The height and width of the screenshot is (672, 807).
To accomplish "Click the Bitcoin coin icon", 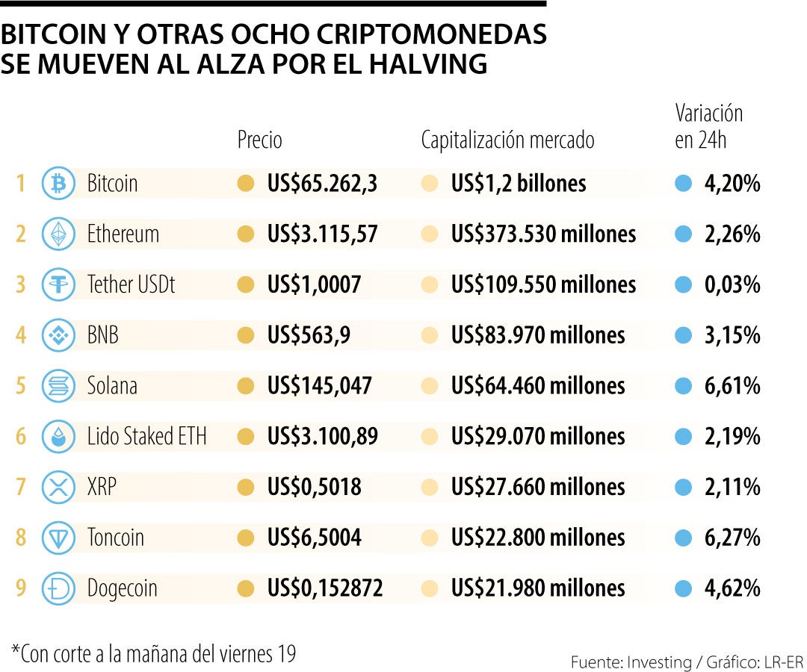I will (x=58, y=184).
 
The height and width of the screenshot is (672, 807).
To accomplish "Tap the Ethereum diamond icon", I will (x=58, y=234).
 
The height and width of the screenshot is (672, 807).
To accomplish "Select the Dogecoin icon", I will (x=58, y=589).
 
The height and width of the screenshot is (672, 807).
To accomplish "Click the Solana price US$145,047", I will (x=319, y=386).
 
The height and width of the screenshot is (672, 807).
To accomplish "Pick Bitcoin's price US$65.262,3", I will (x=321, y=184).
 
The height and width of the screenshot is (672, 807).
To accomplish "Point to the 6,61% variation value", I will (x=732, y=386).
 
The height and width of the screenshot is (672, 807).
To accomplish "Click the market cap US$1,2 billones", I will (x=519, y=184).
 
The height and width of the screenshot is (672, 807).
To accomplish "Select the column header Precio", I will (x=259, y=140).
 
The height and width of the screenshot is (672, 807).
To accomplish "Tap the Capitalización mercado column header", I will (x=507, y=140).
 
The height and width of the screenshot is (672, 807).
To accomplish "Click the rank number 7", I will (x=21, y=488).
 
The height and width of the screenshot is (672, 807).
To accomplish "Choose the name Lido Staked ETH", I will (x=146, y=437).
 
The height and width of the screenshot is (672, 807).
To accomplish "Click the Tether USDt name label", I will (x=131, y=284).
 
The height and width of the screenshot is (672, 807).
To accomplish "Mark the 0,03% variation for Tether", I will (x=732, y=284).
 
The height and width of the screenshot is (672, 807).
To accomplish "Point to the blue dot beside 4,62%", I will (x=683, y=589).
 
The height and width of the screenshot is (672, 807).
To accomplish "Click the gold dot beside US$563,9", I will (x=245, y=335).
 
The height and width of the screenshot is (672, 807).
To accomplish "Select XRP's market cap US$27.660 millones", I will (x=538, y=488).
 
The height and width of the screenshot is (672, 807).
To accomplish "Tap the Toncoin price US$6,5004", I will (x=314, y=538).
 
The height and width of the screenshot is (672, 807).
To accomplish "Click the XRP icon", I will (x=58, y=488).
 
